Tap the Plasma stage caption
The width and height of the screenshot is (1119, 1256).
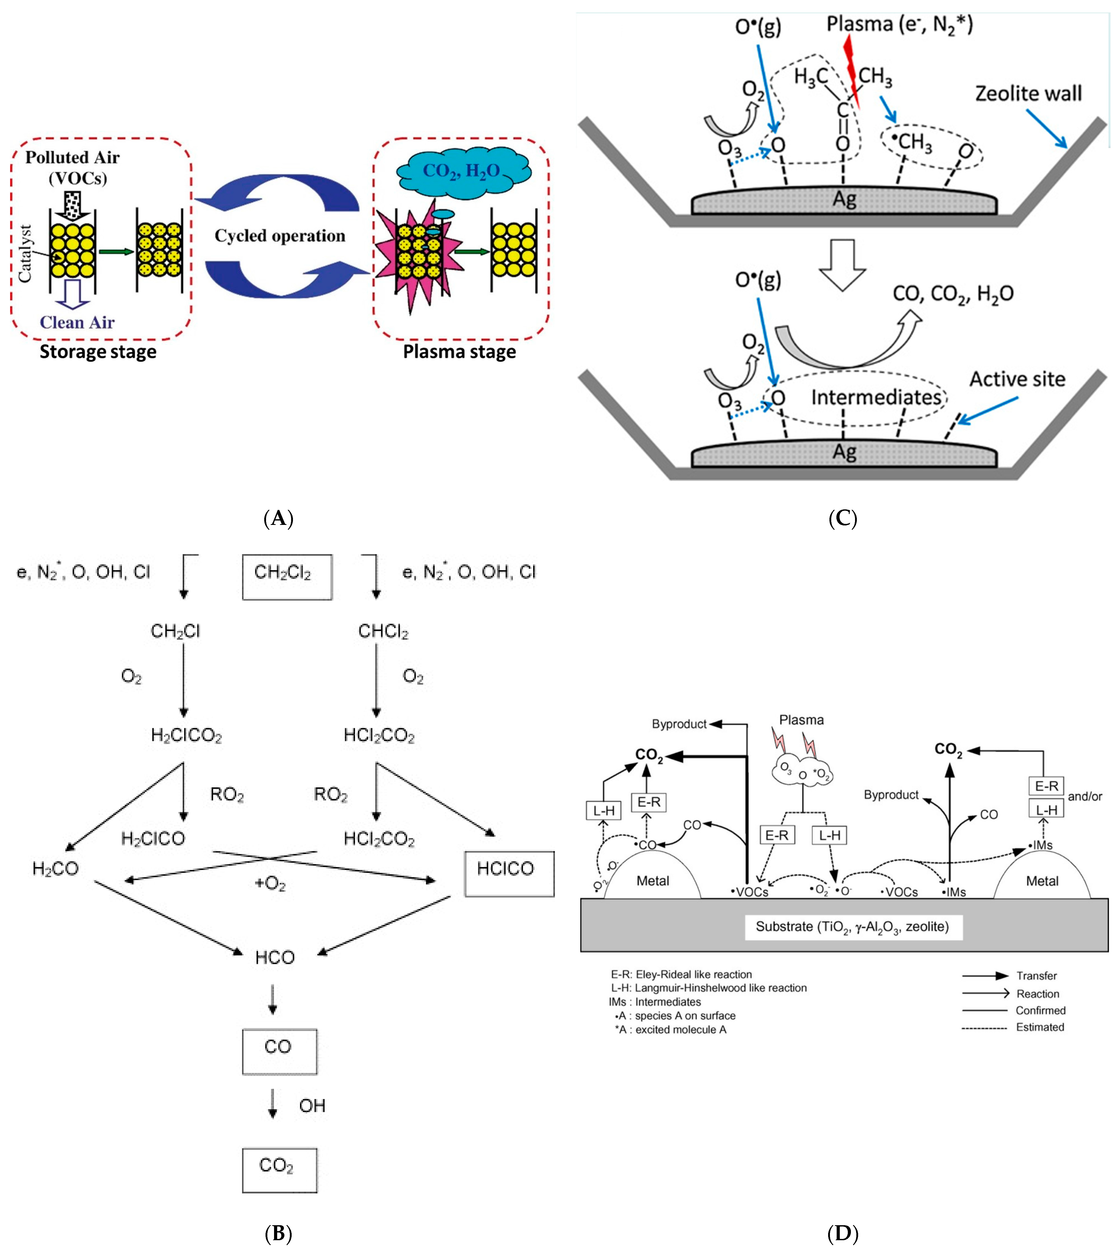coord(459,352)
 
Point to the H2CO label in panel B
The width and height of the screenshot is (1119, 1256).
coord(55,868)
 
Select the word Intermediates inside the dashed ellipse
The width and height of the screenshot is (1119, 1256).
coord(875,398)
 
